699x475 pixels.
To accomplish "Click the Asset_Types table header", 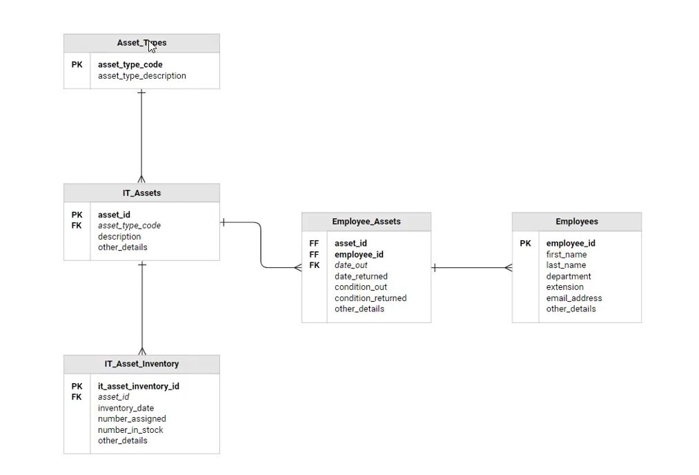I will coord(141,43).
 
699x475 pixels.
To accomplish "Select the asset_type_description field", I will coord(141,76).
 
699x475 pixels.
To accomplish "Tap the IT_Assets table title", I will coord(141,193).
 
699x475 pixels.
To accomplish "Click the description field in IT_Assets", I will coord(119,236).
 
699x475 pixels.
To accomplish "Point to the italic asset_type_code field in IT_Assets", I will coord(129,226).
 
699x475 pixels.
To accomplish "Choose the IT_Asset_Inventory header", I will coord(141,364).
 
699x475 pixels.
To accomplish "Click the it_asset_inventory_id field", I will coord(138,386).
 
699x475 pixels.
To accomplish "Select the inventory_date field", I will coord(126,408).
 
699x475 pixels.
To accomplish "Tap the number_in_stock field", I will coord(130,429).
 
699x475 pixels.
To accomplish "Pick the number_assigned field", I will coord(132,418).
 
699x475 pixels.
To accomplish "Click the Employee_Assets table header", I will coord(366,222).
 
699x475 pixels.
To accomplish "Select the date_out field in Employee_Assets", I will coord(351,265).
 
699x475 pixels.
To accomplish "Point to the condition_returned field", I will coord(370,298).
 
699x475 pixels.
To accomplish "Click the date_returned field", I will coord(361,276).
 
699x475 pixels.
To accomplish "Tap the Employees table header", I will coord(576,222).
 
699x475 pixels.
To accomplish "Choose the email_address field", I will coord(573,298).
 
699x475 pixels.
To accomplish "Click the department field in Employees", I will coord(568,276).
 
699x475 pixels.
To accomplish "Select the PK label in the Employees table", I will coord(525,243).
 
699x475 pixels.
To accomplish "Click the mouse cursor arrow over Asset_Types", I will coord(152,46).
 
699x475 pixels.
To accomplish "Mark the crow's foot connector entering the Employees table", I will coord(508,268).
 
